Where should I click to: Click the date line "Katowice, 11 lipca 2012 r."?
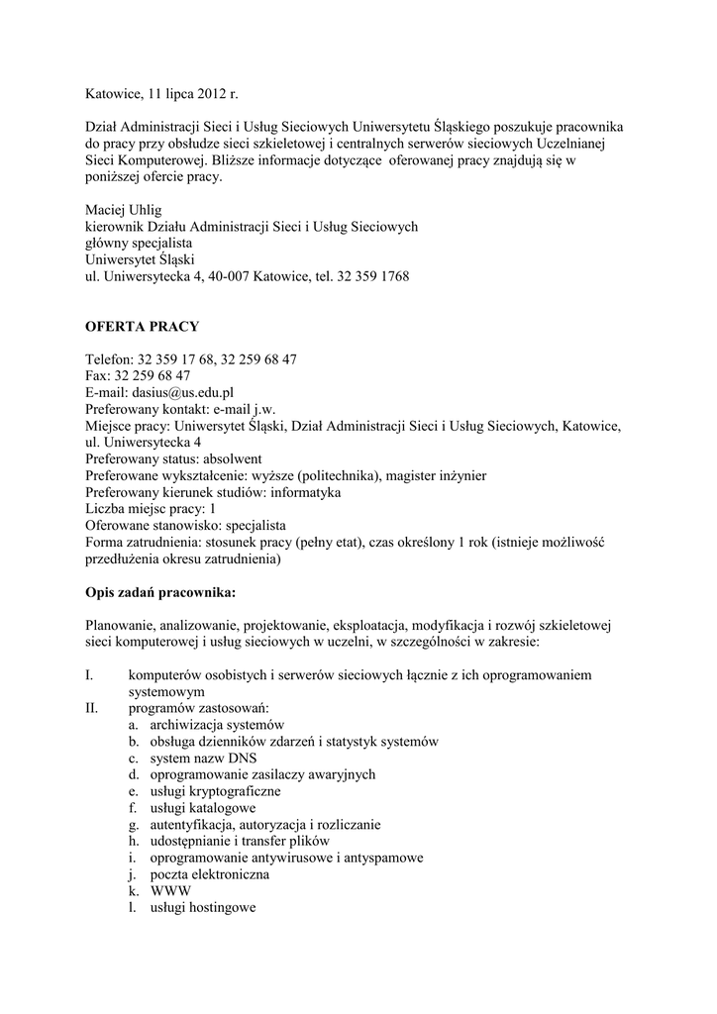162,95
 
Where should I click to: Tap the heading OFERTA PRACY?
142,326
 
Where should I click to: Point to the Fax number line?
138,376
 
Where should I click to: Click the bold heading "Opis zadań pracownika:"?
161,594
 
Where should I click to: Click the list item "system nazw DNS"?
203,759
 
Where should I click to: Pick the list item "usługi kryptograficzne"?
215,791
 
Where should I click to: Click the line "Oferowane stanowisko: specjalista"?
186,526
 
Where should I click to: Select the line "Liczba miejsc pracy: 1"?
151,509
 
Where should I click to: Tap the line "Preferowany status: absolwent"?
173,458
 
